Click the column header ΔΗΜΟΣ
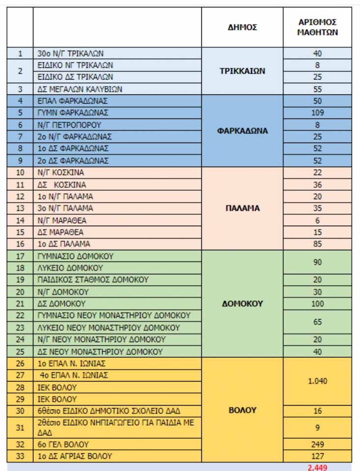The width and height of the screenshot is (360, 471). [242, 28]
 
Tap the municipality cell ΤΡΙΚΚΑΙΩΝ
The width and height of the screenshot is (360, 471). [242, 71]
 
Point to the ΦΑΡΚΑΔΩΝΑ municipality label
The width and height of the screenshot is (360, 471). [242, 131]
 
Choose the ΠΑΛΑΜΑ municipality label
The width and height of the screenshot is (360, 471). [242, 208]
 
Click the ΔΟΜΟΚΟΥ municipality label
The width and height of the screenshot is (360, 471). [242, 303]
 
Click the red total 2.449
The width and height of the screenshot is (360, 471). [317, 467]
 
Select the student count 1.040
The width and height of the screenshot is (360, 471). [317, 381]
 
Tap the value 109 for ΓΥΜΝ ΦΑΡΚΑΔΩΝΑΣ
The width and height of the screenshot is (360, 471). [317, 113]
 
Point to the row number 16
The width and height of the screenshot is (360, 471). [20, 244]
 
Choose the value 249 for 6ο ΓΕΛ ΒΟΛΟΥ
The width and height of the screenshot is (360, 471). [317, 444]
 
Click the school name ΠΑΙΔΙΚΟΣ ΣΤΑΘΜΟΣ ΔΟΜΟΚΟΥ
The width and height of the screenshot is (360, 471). [93, 280]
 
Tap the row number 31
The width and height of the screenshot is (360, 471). [20, 428]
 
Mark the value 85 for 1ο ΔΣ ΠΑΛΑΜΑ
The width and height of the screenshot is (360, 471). [317, 244]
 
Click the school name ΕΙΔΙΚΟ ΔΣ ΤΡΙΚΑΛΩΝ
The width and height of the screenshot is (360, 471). [76, 77]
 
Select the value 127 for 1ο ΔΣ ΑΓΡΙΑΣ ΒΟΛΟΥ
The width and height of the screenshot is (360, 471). [317, 456]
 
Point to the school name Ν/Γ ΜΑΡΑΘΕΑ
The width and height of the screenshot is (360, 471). [65, 220]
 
